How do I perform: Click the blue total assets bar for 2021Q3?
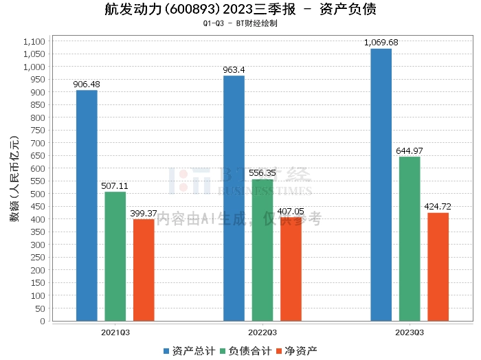tap(87, 205)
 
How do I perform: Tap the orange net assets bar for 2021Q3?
tap(144, 270)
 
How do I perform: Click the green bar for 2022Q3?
tap(262, 250)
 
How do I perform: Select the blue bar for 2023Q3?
tap(381, 185)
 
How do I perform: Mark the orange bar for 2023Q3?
tap(438, 267)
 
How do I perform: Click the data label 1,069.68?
tap(381, 43)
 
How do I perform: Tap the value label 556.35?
tap(262, 173)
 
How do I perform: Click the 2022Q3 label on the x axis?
tap(262, 332)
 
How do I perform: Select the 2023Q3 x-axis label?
tap(410, 332)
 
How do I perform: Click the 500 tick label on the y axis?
tap(38, 194)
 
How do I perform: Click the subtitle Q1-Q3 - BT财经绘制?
tap(240, 23)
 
